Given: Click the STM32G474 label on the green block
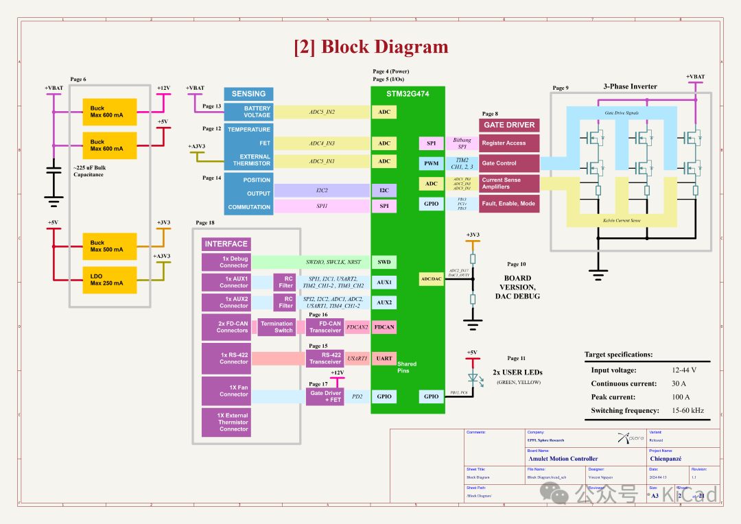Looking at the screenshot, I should click(408, 94).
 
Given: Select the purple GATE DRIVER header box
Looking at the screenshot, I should click(509, 125).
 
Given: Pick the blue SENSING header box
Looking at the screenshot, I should click(248, 94).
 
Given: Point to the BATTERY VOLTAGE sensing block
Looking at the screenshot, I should click(248, 112).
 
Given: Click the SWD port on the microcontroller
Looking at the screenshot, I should click(384, 262).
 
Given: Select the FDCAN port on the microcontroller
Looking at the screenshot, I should click(384, 327).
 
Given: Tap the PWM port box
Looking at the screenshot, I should click(431, 163).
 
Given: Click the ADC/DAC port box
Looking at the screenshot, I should click(431, 278).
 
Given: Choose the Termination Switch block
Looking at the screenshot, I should click(277, 327).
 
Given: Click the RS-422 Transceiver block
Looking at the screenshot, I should click(325, 358).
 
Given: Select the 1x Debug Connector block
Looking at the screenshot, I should click(226, 262).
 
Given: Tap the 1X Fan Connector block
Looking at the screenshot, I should click(226, 391).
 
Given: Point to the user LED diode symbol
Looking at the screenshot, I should click(472, 378).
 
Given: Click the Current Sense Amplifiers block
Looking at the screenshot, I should click(509, 183).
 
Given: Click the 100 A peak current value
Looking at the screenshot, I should click(681, 397).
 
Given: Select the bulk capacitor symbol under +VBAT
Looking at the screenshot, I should click(53, 171).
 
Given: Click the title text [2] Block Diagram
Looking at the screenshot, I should click(370, 47).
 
